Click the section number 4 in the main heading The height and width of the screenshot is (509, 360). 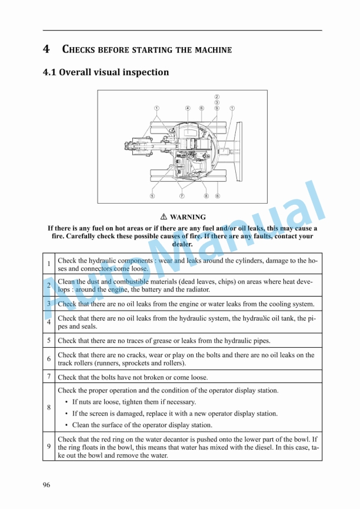click(x=46, y=49)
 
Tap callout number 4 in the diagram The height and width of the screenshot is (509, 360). click(x=187, y=108)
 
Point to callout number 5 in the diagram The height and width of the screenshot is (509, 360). click(x=152, y=195)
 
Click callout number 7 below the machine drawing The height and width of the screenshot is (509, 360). click(x=182, y=195)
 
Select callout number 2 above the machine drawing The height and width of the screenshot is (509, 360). click(x=216, y=97)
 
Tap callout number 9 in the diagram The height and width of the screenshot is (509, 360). click(x=216, y=108)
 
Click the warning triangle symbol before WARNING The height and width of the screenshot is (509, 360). click(x=164, y=217)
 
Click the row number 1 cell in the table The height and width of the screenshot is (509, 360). click(x=49, y=264)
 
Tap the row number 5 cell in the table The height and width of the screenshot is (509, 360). click(x=49, y=340)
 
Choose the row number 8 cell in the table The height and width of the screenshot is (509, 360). click(x=49, y=407)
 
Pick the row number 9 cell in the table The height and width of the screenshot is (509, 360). click(x=49, y=447)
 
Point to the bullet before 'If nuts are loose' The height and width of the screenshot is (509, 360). click(x=66, y=402)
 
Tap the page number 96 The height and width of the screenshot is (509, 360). click(x=46, y=485)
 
